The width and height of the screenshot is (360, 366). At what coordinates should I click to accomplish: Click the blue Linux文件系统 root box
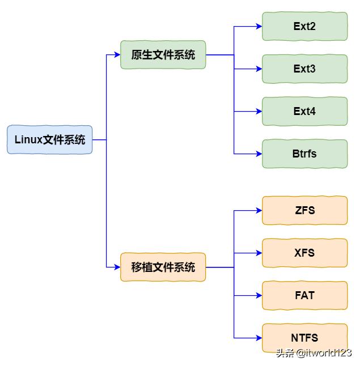[x=49, y=139]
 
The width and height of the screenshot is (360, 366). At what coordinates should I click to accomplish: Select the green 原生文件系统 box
[x=163, y=55]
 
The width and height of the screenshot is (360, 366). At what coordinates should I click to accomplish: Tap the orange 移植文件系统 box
[x=163, y=267]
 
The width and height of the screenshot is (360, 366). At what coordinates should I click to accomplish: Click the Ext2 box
[x=304, y=27]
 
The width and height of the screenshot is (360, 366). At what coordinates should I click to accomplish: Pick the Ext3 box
[x=304, y=69]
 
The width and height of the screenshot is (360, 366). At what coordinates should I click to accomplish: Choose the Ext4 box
[x=304, y=112]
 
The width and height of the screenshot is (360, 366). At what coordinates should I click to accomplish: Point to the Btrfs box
[x=304, y=154]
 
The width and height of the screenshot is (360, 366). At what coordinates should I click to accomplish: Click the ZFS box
[x=304, y=211]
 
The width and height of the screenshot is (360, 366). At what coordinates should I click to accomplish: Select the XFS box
[x=304, y=253]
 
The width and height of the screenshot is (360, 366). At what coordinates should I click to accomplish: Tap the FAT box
[x=304, y=295]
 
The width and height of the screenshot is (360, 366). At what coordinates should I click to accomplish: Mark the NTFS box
[x=304, y=338]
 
